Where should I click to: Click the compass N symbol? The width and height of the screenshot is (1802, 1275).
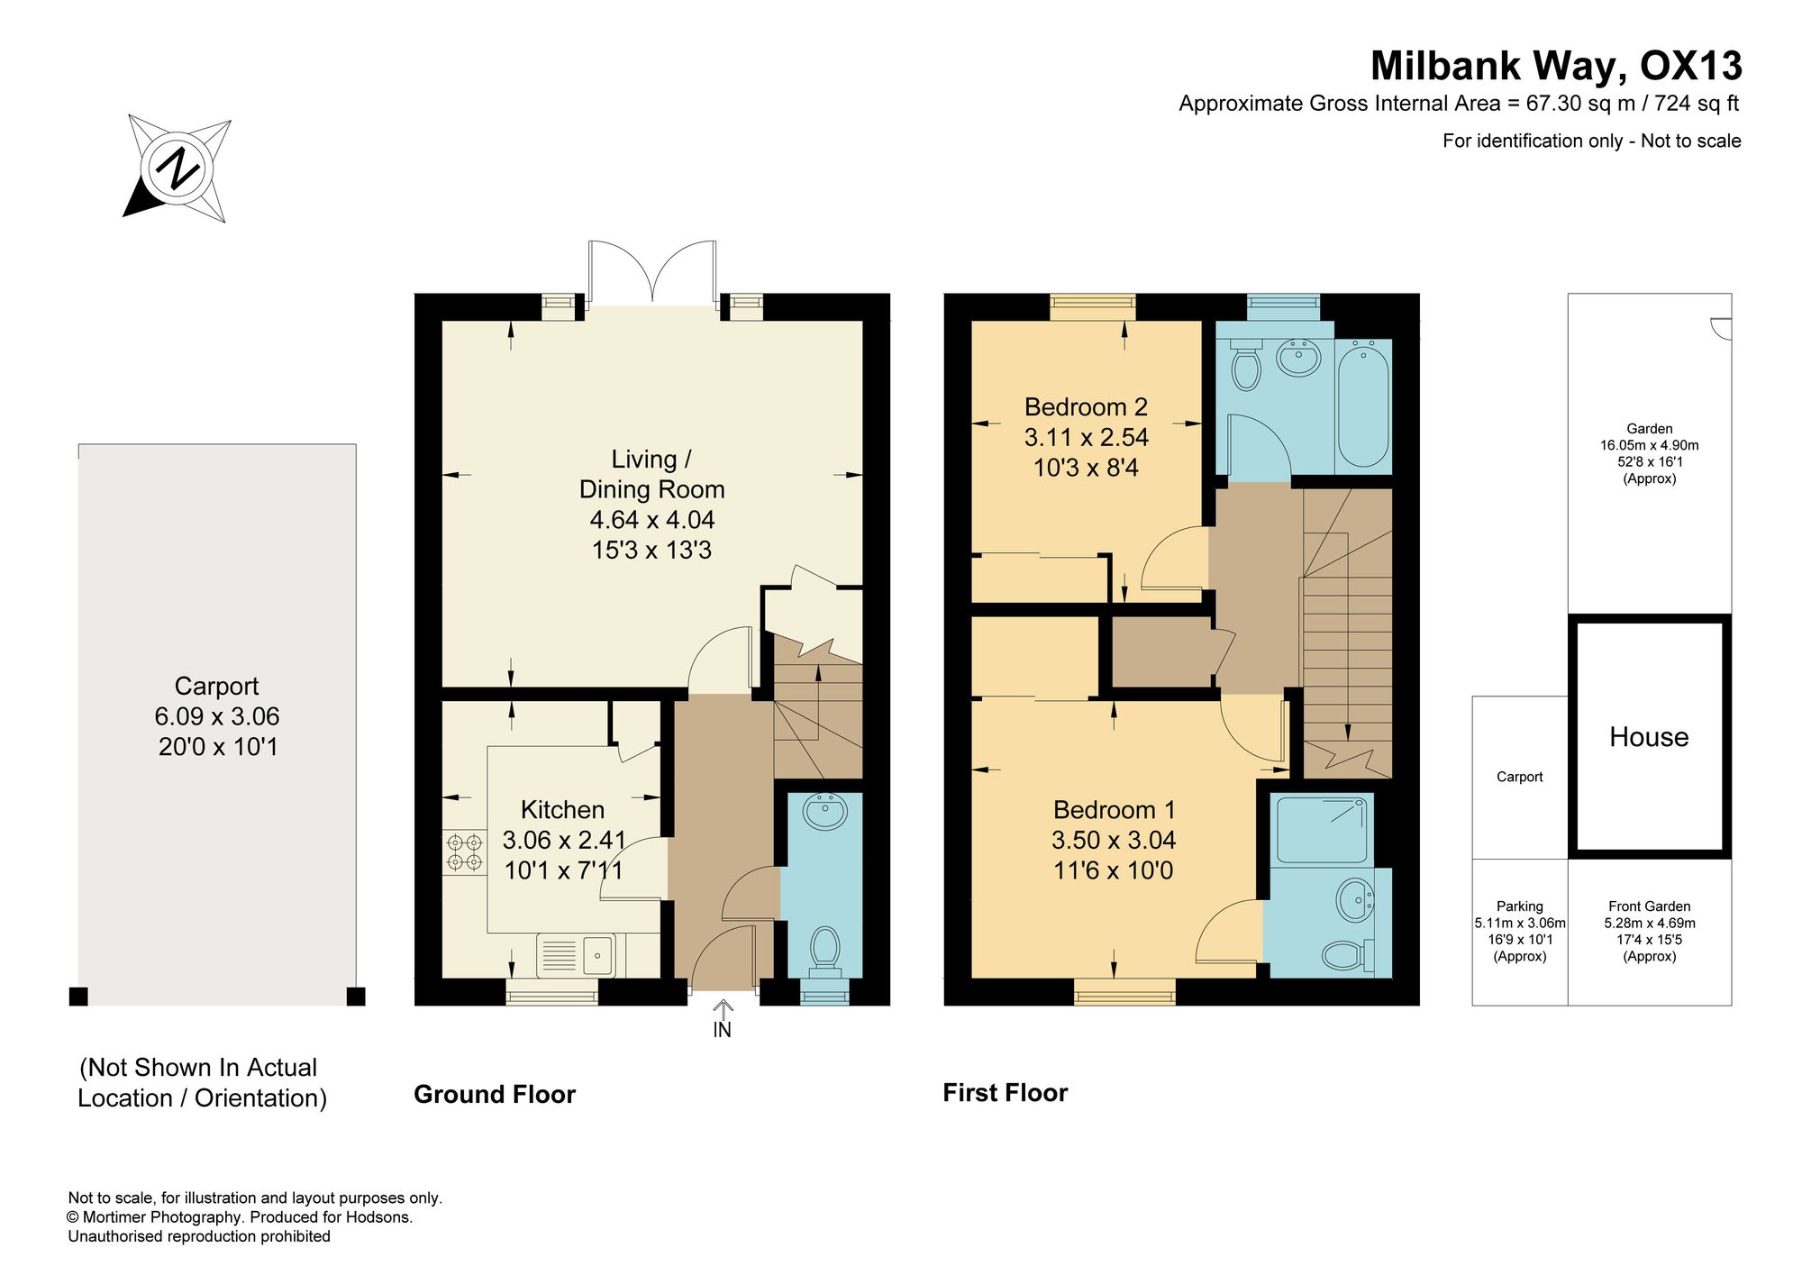point(177,168)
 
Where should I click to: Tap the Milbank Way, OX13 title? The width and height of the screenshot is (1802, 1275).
point(1556,66)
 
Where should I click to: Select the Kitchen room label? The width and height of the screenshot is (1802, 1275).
point(562,809)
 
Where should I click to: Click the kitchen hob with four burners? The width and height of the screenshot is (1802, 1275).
point(464,852)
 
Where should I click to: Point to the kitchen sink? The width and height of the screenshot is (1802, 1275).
point(576,955)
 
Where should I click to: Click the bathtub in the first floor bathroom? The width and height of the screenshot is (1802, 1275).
point(1364,403)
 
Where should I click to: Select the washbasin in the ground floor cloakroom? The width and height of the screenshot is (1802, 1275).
point(824,811)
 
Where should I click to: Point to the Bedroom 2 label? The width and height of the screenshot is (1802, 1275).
point(1086,407)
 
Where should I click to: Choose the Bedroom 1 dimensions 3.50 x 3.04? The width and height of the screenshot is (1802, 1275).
point(1114,840)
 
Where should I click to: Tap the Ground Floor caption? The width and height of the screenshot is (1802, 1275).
point(495,1094)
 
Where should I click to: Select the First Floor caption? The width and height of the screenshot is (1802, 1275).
point(1006,1093)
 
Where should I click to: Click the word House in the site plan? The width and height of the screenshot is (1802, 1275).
point(1649,737)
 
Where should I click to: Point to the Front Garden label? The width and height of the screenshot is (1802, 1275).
point(1650,906)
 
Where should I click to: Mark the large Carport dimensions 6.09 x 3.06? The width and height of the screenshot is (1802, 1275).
point(217,716)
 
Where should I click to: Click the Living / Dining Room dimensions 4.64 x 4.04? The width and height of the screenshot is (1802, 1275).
point(652,520)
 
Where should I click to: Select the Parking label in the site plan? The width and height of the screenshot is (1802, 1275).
point(1520,906)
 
